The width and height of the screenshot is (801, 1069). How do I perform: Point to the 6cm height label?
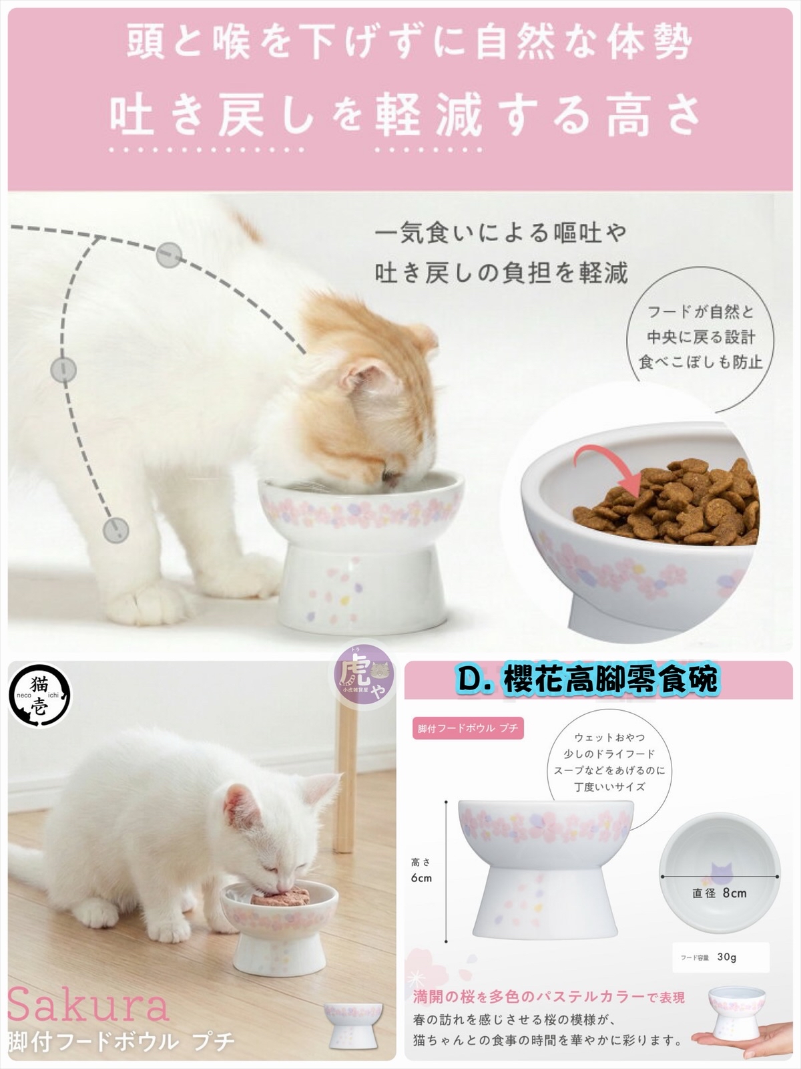(421, 878)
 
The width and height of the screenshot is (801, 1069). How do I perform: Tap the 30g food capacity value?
(726, 957)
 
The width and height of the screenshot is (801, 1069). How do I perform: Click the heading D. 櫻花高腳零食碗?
(587, 679)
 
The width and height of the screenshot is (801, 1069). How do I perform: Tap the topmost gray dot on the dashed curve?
(168, 255)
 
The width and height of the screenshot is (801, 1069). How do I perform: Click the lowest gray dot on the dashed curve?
(115, 529)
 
